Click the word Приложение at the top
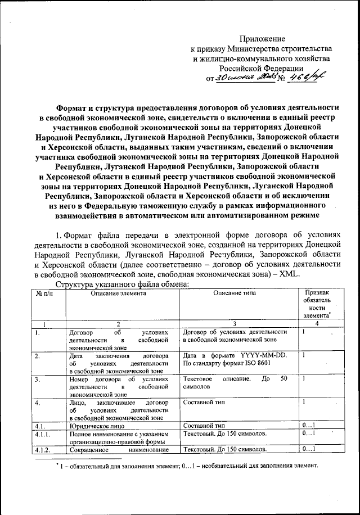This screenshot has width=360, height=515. click(x=263, y=39)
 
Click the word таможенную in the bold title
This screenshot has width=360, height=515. click(x=185, y=206)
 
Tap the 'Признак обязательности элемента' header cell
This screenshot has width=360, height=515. click(x=317, y=304)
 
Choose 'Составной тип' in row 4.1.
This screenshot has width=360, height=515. click(x=204, y=426)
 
